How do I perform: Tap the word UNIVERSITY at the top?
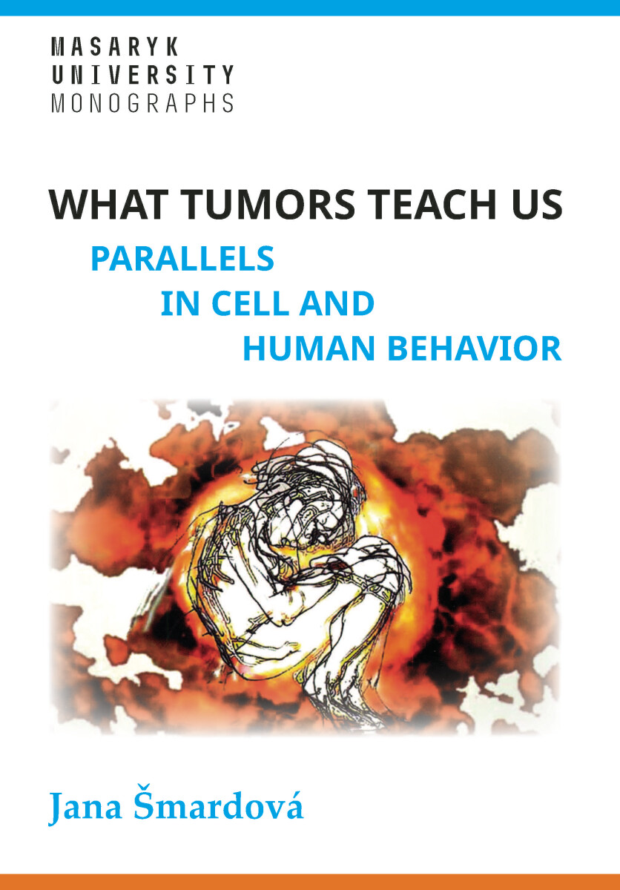point(142,75)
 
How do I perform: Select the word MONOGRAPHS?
point(142,102)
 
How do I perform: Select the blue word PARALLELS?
point(182,259)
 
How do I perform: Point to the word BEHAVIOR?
point(475,349)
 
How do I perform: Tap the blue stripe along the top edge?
point(310,6)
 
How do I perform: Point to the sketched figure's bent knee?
point(371,564)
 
